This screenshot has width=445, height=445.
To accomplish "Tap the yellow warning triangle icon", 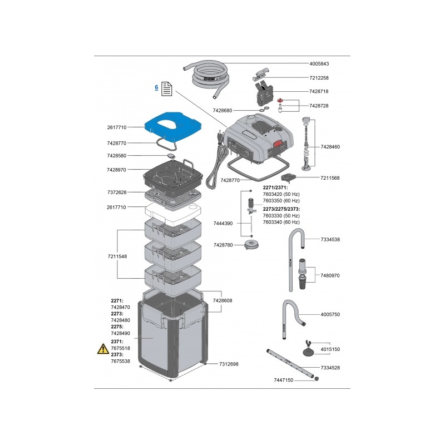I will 103,349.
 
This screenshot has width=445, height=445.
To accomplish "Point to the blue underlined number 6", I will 157,87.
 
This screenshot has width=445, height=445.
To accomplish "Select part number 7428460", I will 330,147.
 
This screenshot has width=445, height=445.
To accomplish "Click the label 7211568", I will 330,178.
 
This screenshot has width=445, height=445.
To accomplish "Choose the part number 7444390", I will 224,223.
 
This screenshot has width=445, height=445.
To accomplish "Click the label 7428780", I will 224,245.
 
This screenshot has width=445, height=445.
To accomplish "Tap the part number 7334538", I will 330,239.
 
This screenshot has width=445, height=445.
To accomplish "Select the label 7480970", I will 330,275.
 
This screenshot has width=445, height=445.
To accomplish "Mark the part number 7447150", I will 284,380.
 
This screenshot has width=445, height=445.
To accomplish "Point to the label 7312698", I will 229,364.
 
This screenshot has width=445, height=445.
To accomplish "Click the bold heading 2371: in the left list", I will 117,341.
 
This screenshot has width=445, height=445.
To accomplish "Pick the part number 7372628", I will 117,192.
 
